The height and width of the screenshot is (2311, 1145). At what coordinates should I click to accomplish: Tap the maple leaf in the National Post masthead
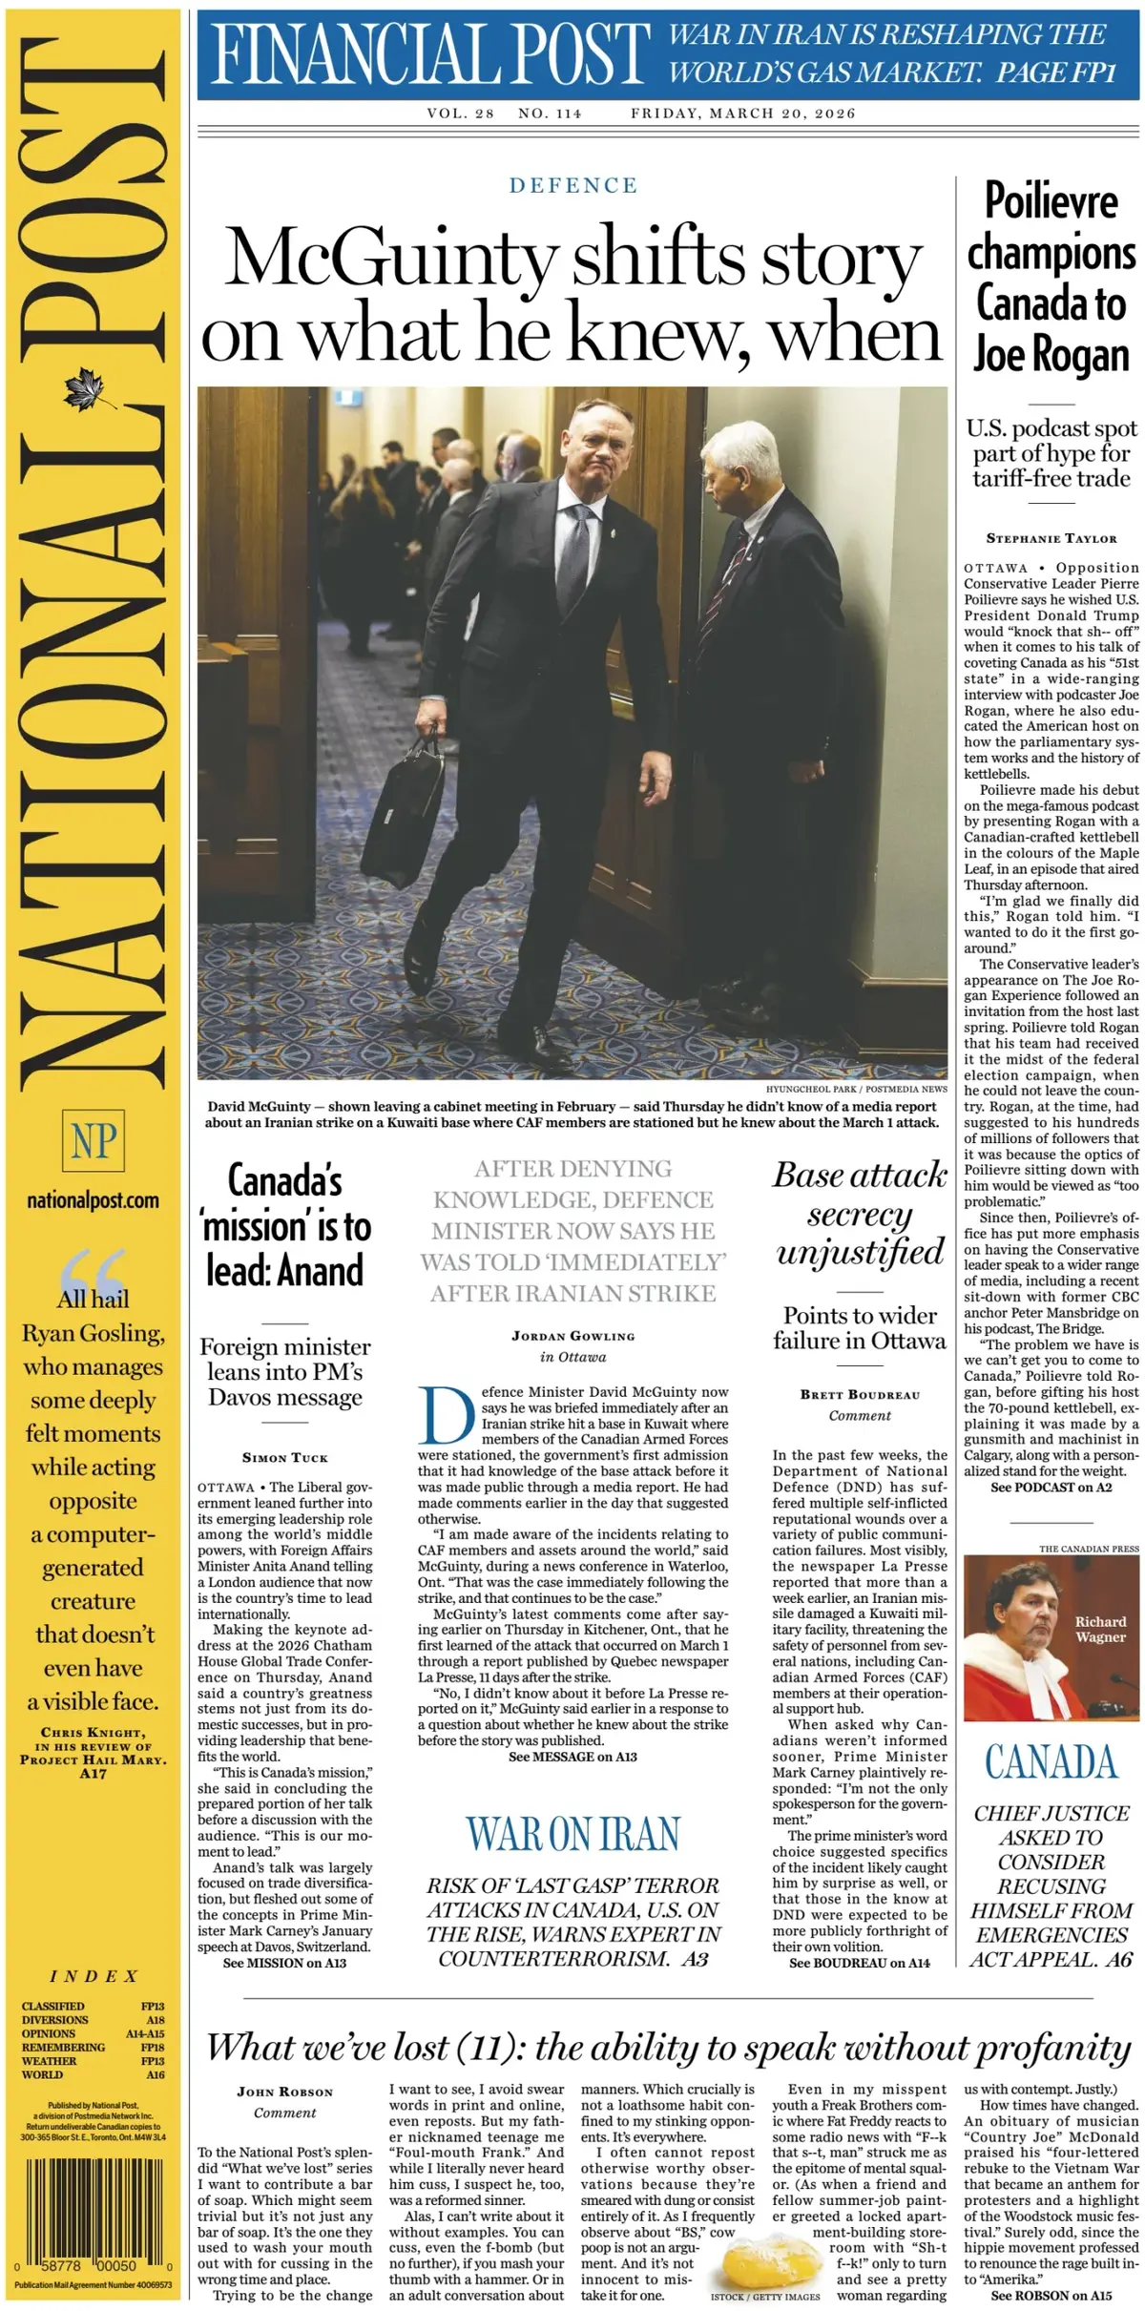(x=92, y=390)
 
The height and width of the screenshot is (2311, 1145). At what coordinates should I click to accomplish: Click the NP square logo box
(x=94, y=1141)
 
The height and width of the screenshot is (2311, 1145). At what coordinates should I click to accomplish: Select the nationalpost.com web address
(x=94, y=1201)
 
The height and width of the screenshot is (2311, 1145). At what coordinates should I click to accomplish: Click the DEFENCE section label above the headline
(x=572, y=185)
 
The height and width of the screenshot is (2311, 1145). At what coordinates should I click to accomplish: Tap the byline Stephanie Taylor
(x=1051, y=538)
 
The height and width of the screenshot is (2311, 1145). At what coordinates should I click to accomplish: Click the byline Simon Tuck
(x=284, y=1458)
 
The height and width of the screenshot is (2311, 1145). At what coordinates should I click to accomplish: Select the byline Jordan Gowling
(x=572, y=1336)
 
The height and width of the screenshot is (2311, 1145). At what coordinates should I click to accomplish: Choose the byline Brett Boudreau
(x=860, y=1394)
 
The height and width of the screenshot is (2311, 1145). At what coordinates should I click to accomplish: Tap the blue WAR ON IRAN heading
(x=572, y=1834)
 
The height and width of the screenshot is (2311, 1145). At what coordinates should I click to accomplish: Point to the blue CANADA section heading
(x=1051, y=1762)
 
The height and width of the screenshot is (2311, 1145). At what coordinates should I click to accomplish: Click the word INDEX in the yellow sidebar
(x=94, y=1976)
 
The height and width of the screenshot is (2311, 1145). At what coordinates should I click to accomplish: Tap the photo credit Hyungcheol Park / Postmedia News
(x=856, y=1089)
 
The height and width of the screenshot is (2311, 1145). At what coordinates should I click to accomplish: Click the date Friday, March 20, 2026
(x=742, y=114)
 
